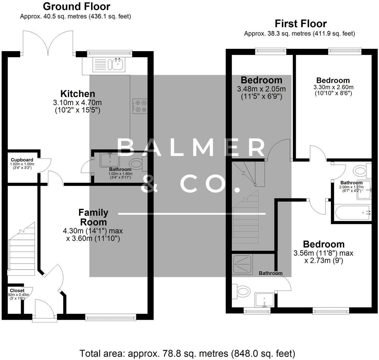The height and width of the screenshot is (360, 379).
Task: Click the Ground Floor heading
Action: click(x=77, y=6)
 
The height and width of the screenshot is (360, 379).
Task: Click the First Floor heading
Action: click(x=301, y=24)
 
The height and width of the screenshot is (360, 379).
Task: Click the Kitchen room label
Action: click(x=78, y=94)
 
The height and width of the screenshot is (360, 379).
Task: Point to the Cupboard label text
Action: click(x=22, y=160)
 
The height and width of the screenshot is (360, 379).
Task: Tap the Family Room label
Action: click(x=93, y=217)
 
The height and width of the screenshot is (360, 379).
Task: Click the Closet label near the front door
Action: click(x=17, y=290)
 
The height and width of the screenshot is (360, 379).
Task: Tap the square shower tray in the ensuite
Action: click(x=242, y=264)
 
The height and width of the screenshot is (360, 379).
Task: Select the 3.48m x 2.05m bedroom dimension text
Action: click(x=261, y=89)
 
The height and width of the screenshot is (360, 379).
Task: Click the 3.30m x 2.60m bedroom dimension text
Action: click(x=333, y=87)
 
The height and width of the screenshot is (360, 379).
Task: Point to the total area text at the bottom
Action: click(x=187, y=353)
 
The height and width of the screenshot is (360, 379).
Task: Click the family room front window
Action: click(x=110, y=317)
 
